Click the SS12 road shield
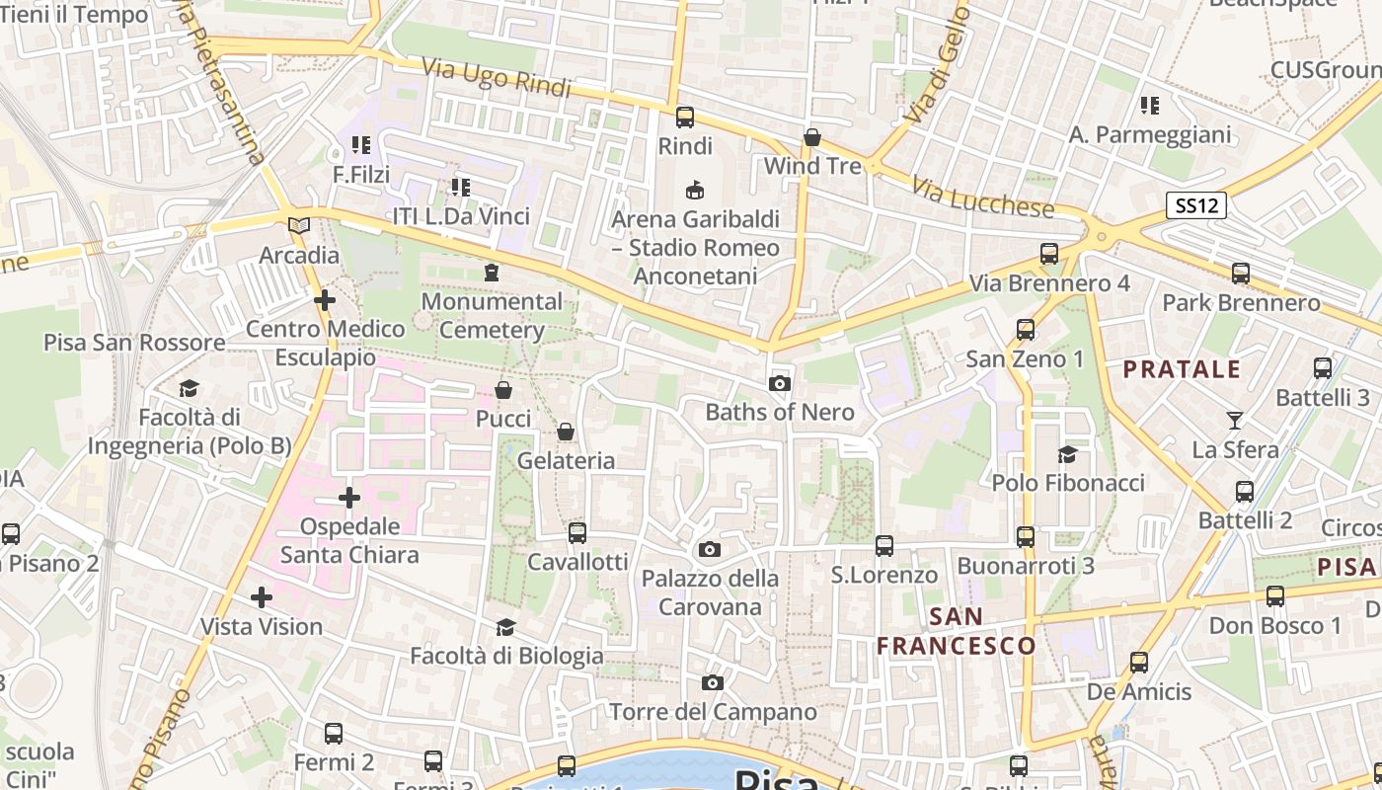coord(1196,205)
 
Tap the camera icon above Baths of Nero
coord(780,383)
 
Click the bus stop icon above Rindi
coord(685,118)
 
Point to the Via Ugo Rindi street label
coord(497,79)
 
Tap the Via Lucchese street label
coord(983,197)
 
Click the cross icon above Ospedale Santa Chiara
coord(349,498)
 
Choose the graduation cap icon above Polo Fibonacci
coord(1067,454)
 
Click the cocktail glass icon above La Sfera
coord(1235,421)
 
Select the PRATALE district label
coord(1183,370)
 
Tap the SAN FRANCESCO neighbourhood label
coord(957,632)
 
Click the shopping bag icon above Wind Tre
coord(812,137)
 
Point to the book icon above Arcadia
coord(298,226)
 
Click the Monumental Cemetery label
coord(492,315)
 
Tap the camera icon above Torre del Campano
coord(713,682)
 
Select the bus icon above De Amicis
coord(1139,663)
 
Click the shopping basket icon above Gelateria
coord(566,432)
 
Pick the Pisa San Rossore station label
coord(134,343)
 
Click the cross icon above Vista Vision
coord(262,597)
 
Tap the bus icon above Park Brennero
coord(1241,274)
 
